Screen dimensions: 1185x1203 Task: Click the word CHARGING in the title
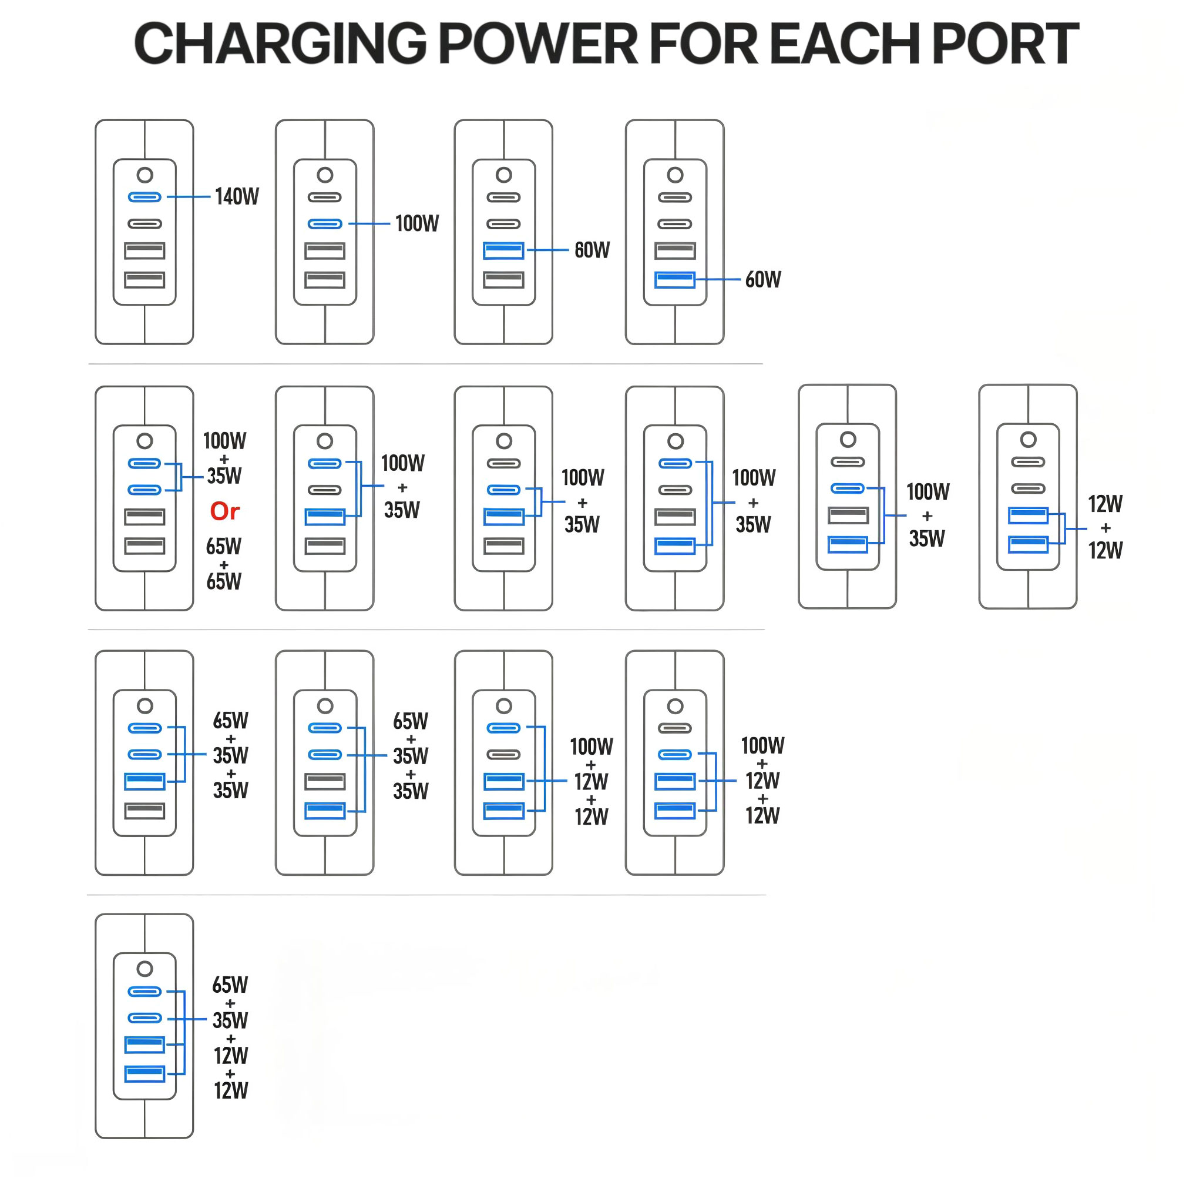pyautogui.click(x=280, y=43)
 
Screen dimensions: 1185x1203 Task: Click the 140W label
pyautogui.click(x=236, y=197)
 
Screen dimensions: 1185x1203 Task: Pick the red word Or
pyautogui.click(x=224, y=511)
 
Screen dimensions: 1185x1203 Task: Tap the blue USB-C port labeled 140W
pyautogui.click(x=145, y=197)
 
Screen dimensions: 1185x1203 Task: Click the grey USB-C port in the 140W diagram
pyautogui.click(x=145, y=223)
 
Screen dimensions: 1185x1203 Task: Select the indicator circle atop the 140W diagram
pyautogui.click(x=145, y=175)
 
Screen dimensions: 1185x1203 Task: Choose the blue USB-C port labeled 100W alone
pyautogui.click(x=325, y=223)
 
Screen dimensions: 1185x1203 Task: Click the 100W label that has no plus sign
pyautogui.click(x=416, y=223)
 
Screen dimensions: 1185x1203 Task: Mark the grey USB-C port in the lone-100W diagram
pyautogui.click(x=325, y=197)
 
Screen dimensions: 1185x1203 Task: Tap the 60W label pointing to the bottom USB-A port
pyautogui.click(x=762, y=279)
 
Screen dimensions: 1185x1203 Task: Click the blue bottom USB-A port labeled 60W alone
pyautogui.click(x=675, y=279)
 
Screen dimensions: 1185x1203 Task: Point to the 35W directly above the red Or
pyautogui.click(x=224, y=476)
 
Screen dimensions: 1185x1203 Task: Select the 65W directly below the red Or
pyautogui.click(x=224, y=547)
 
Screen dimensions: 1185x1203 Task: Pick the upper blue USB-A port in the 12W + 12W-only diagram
pyautogui.click(x=1027, y=515)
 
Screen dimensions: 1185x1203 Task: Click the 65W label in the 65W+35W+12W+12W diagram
pyautogui.click(x=230, y=985)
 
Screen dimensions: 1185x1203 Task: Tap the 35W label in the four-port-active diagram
pyautogui.click(x=230, y=1020)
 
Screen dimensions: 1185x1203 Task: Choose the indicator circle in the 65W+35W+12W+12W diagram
pyautogui.click(x=145, y=969)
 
